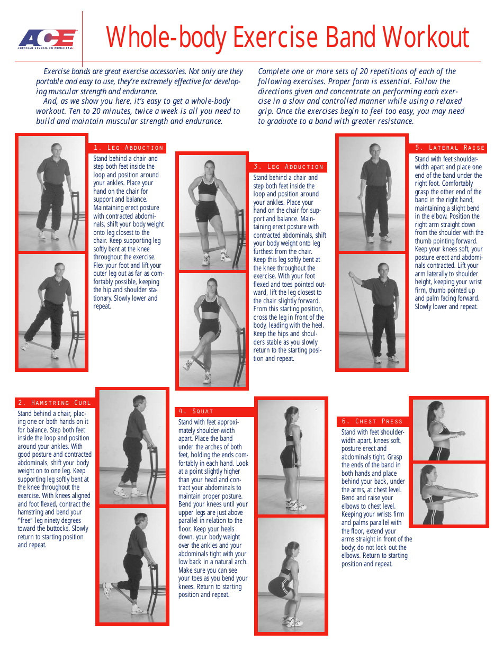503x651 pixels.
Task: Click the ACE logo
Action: tap(47, 38)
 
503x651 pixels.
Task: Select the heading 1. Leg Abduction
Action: tap(128, 148)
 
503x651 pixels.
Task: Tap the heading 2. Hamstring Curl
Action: tap(54, 403)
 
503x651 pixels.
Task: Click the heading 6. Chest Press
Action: tap(372, 421)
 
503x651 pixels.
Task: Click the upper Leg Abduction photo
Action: tap(51, 193)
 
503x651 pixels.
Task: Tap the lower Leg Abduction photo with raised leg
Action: tap(51, 311)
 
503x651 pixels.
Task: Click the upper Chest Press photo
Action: tap(448, 430)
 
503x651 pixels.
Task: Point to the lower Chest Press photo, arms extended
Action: tap(448, 494)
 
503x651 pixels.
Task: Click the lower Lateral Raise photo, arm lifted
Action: tap(372, 311)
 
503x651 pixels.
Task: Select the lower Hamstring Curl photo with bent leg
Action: tap(132, 565)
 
